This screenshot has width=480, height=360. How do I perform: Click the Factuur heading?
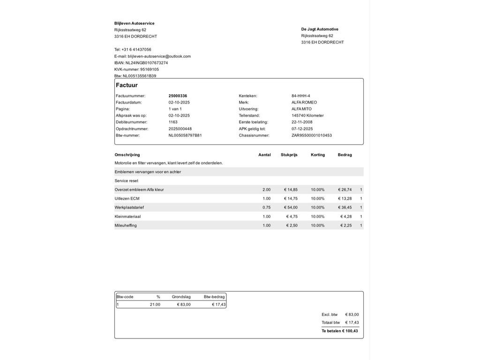click(127, 85)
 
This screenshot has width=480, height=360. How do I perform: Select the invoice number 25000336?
click(178, 96)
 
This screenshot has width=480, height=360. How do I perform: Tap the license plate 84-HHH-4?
click(300, 96)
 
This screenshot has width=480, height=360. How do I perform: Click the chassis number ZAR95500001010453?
click(311, 135)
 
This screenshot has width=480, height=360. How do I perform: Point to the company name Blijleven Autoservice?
click(134, 23)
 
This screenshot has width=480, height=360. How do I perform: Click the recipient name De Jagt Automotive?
click(320, 29)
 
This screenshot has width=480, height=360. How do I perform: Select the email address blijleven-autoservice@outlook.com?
click(159, 56)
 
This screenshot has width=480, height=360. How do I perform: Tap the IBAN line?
click(141, 63)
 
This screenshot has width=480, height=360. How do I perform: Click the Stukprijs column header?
click(289, 155)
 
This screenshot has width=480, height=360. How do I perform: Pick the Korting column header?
click(317, 155)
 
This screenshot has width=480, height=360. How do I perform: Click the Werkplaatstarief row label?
click(129, 207)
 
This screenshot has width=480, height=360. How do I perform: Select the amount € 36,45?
click(345, 207)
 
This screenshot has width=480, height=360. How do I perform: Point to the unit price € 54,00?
click(291, 207)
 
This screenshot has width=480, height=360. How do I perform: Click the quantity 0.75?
click(266, 207)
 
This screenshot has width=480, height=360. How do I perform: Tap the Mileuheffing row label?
click(126, 225)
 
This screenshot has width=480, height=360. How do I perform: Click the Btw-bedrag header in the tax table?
click(214, 297)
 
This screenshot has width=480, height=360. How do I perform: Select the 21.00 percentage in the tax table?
click(155, 305)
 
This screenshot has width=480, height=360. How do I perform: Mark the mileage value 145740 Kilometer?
click(307, 115)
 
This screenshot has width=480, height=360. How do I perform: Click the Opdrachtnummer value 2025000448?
click(180, 129)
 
